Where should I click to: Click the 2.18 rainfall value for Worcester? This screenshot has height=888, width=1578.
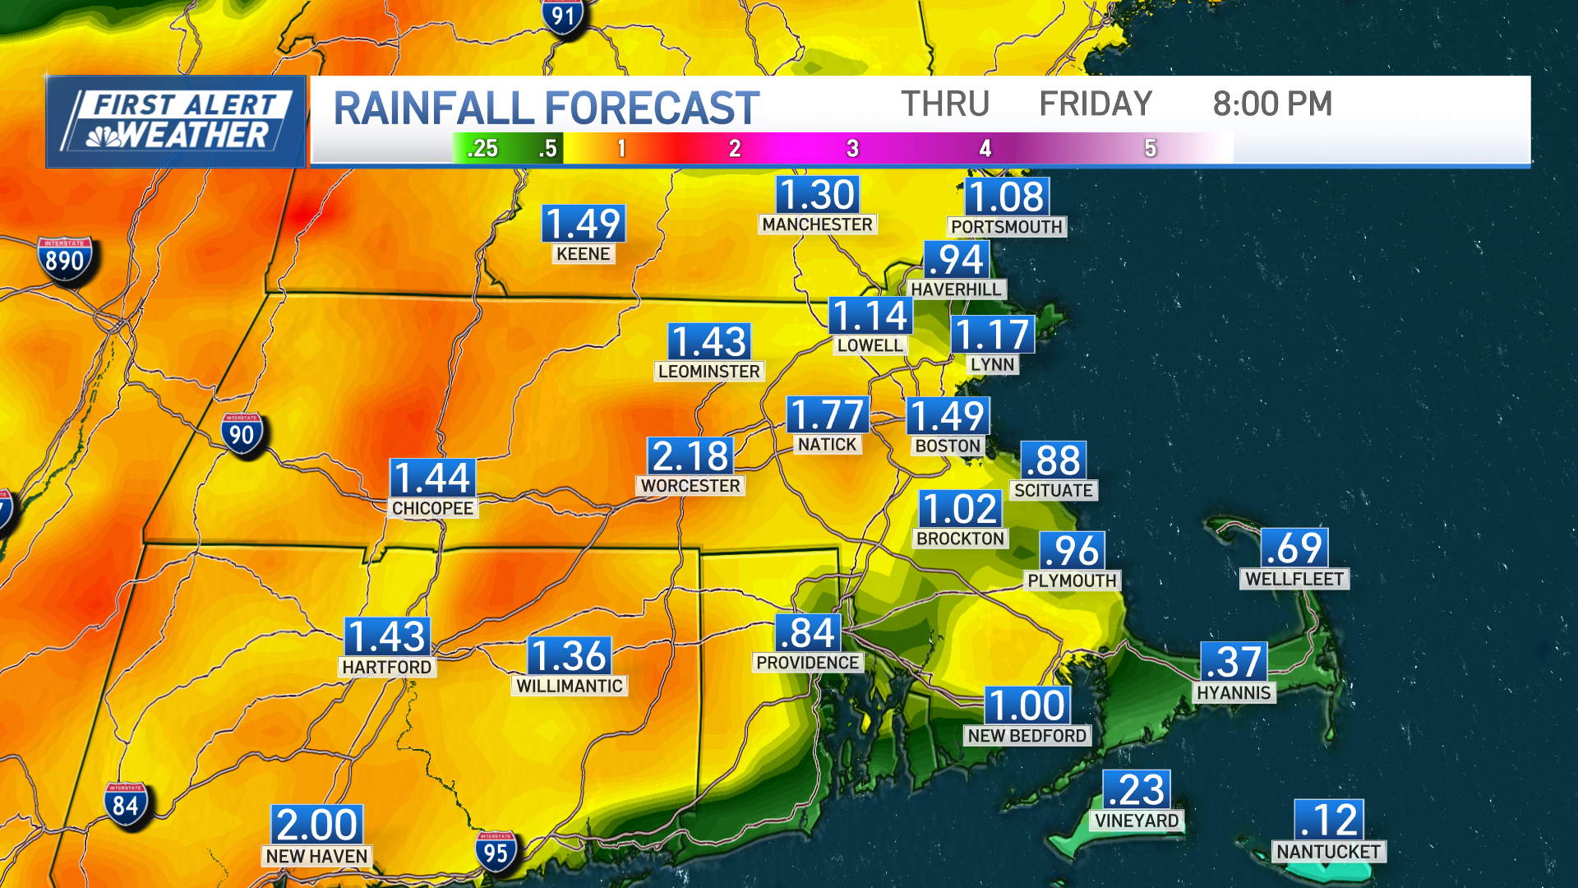pyautogui.click(x=690, y=456)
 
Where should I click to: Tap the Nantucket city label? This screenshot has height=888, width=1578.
pyautogui.click(x=1328, y=852)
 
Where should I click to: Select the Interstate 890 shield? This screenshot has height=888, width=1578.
pyautogui.click(x=65, y=260)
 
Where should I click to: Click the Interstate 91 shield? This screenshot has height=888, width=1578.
pyautogui.click(x=563, y=16)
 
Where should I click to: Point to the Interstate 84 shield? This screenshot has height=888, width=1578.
pyautogui.click(x=126, y=805)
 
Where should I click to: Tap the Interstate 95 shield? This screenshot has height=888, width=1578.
pyautogui.click(x=496, y=853)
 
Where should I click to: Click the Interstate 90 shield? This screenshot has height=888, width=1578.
pyautogui.click(x=242, y=434)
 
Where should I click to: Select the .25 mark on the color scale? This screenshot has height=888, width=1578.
pyautogui.click(x=482, y=149)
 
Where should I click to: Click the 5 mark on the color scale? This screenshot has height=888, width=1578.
pyautogui.click(x=1150, y=149)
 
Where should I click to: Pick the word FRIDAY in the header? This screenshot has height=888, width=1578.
pyautogui.click(x=1096, y=104)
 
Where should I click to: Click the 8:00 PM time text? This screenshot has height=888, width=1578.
pyautogui.click(x=1272, y=104)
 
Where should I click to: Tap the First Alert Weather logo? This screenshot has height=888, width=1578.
pyautogui.click(x=177, y=122)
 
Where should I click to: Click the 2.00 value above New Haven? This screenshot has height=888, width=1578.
pyautogui.click(x=316, y=825)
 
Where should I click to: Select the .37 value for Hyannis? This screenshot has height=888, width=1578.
pyautogui.click(x=1234, y=662)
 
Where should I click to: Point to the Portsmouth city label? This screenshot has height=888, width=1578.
pyautogui.click(x=1007, y=227)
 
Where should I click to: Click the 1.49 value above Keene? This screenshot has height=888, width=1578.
pyautogui.click(x=584, y=224)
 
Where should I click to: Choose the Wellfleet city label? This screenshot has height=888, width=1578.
pyautogui.click(x=1294, y=579)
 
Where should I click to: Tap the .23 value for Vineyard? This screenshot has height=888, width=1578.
pyautogui.click(x=1137, y=790)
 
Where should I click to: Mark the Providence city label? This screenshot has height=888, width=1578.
pyautogui.click(x=807, y=663)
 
